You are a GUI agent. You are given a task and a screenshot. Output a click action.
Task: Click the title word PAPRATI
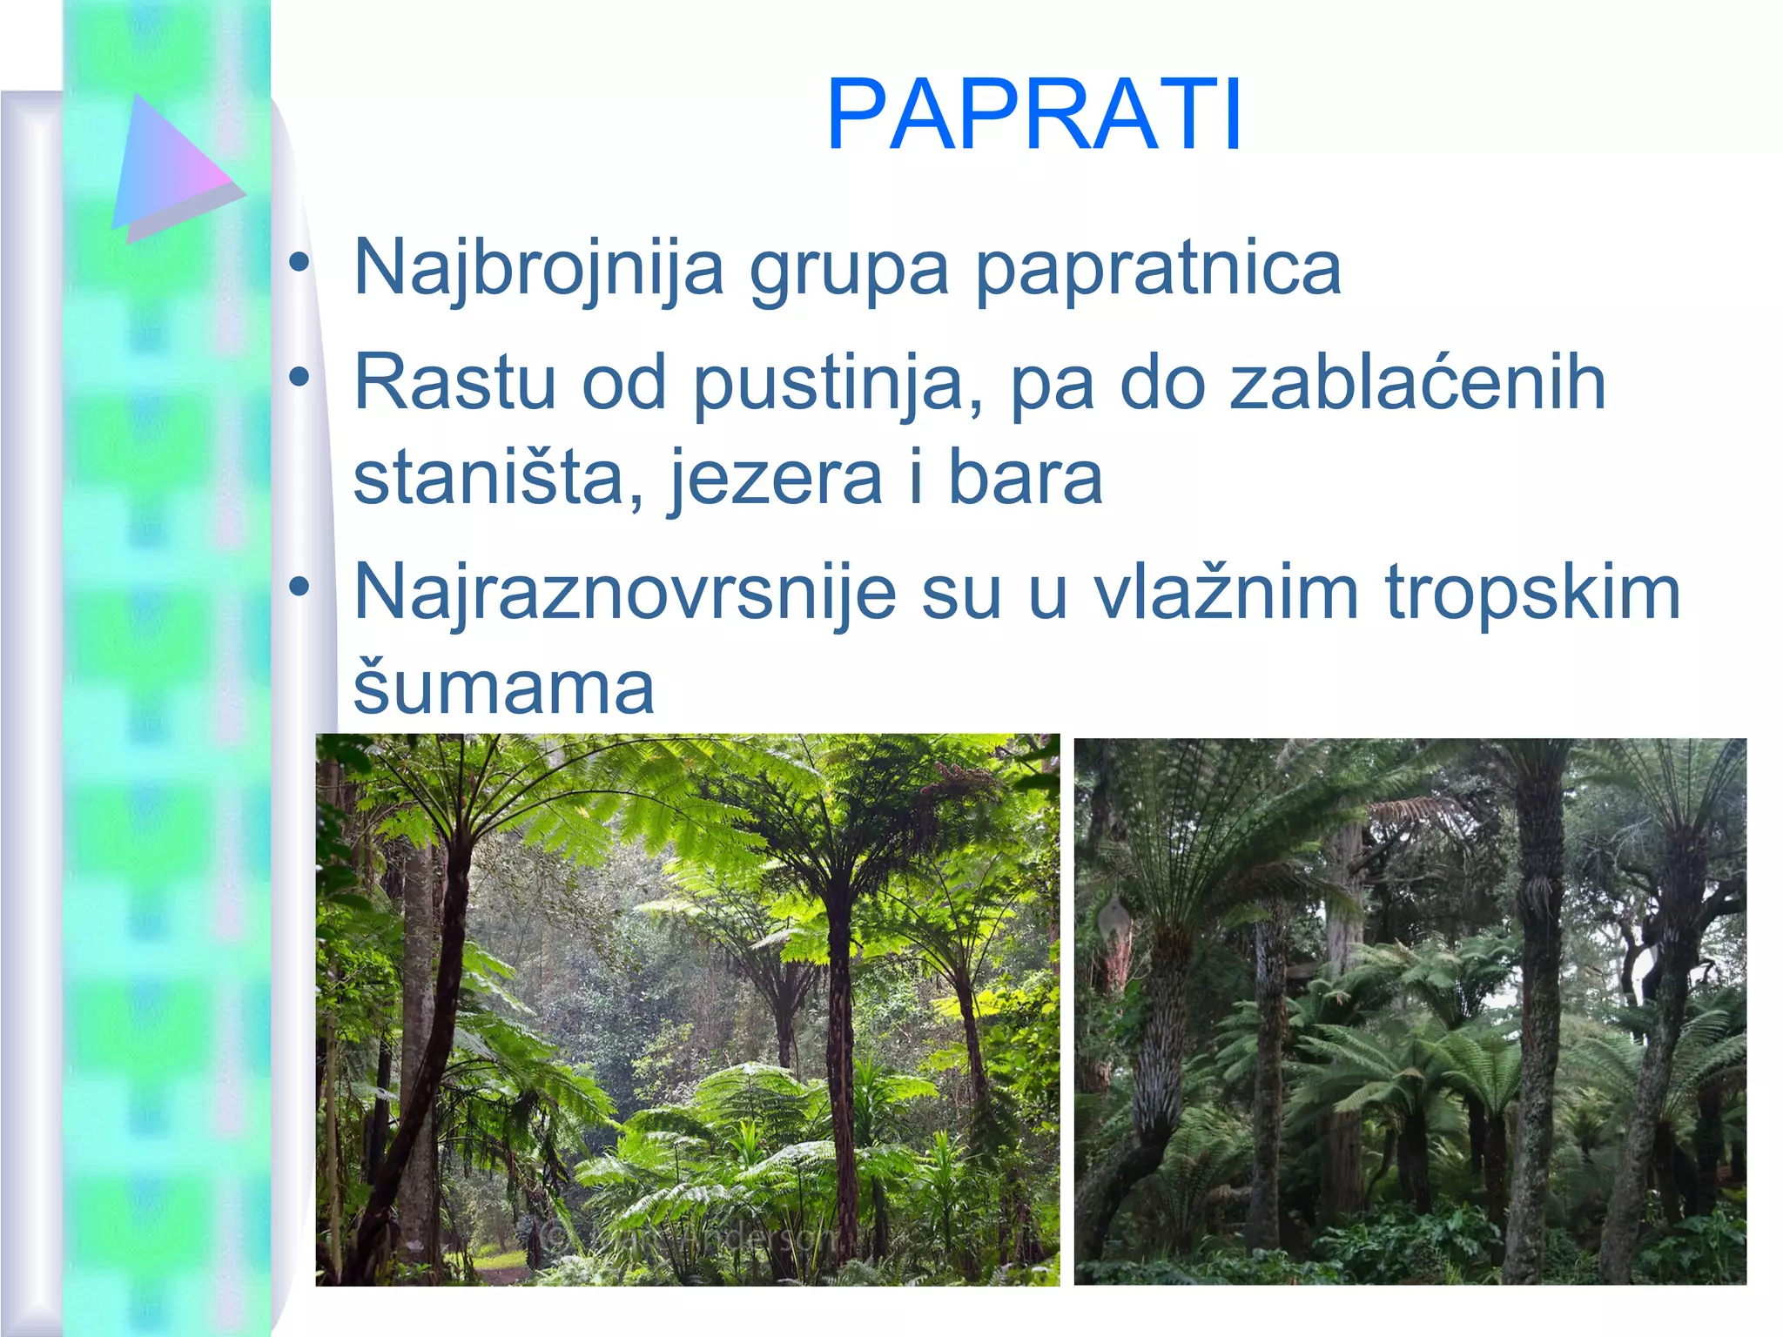1033,116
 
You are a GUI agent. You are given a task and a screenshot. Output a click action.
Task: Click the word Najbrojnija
539,268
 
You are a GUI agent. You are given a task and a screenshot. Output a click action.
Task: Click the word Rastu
454,382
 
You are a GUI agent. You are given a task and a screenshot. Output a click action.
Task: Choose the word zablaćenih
1416,382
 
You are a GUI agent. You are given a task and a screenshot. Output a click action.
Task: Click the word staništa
499,478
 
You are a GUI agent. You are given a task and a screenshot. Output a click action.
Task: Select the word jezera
775,480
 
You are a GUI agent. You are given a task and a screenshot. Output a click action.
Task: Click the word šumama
503,688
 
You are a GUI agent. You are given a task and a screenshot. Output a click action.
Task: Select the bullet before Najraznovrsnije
299,587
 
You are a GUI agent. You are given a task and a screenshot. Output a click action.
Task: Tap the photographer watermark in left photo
688,1237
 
